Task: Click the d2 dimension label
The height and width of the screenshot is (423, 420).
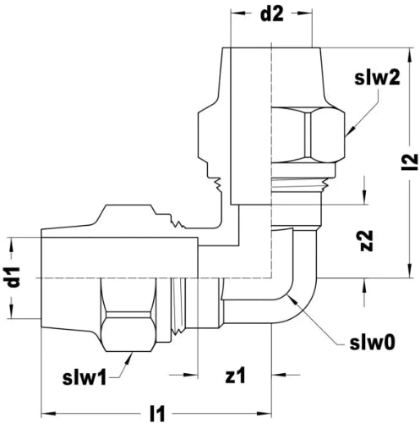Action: tap(272, 14)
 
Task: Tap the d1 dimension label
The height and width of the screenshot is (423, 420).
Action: tap(14, 277)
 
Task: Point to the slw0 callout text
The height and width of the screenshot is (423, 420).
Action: tap(373, 343)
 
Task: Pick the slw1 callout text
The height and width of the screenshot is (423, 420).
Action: tap(85, 377)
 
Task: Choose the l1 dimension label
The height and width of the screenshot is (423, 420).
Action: tap(156, 414)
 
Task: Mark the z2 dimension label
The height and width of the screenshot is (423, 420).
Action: tap(367, 240)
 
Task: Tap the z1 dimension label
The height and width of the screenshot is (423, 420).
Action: tap(235, 376)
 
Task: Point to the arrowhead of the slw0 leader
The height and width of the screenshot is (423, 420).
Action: tap(292, 298)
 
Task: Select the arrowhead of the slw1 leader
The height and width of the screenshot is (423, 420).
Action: tap(130, 358)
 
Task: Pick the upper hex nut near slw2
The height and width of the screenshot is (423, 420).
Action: tap(308, 135)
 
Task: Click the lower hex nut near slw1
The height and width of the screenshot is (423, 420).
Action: tap(128, 315)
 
